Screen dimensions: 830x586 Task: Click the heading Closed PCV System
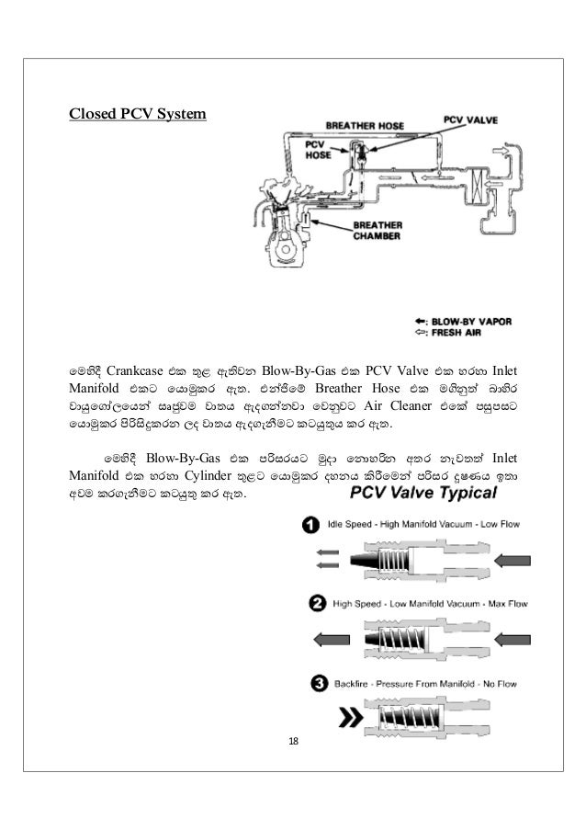(139, 115)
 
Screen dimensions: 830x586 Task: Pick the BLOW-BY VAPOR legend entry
(468, 322)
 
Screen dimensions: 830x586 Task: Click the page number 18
(293, 741)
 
